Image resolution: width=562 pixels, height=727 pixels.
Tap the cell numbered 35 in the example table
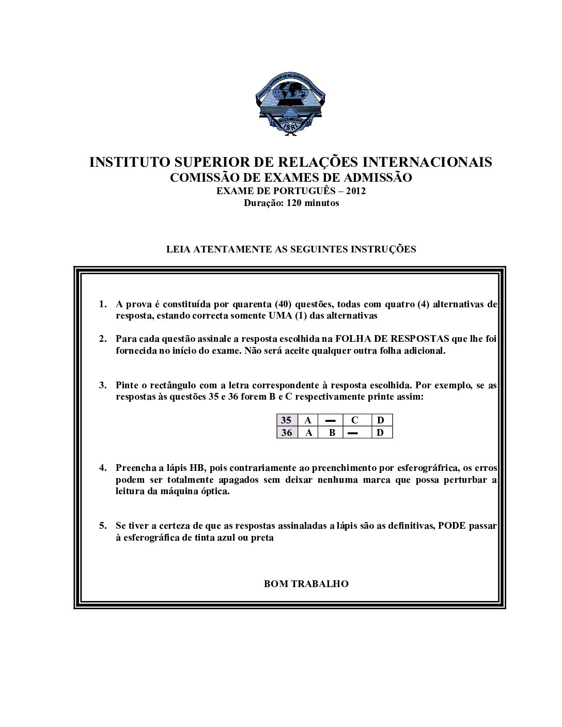tap(286, 420)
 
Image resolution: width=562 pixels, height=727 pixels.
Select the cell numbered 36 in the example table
tap(286, 433)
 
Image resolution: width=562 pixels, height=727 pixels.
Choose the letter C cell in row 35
tap(354, 420)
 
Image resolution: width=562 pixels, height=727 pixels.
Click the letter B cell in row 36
tap(332, 433)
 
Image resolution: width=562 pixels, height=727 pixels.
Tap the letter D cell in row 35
tap(381, 420)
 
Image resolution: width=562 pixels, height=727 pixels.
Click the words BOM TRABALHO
tap(306, 584)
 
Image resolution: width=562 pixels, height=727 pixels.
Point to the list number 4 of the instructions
tap(102, 468)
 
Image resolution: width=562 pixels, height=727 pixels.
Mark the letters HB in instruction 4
tap(197, 468)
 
